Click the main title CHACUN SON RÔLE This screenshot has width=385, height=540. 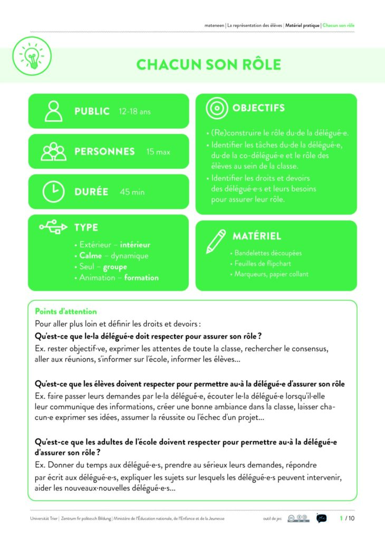click(209, 64)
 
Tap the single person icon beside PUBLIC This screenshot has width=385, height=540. click(53, 111)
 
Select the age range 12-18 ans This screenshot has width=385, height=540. click(135, 112)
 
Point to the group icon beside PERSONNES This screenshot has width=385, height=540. click(53, 152)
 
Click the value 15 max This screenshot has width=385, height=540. click(158, 152)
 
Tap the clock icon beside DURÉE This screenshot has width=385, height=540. click(53, 192)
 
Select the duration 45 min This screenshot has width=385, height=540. click(132, 192)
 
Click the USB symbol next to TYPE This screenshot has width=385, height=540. click(53, 227)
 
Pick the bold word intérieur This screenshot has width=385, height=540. click(135, 245)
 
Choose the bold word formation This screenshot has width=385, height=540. click(141, 277)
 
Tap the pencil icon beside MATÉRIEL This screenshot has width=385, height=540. click(216, 240)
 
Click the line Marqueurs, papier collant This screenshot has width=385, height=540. click(272, 274)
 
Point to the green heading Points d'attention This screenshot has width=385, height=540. click(66, 312)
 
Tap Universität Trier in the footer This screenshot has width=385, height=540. click(44, 519)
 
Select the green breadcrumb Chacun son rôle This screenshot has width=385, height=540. click(338, 25)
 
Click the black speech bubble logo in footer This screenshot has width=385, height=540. click(321, 518)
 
